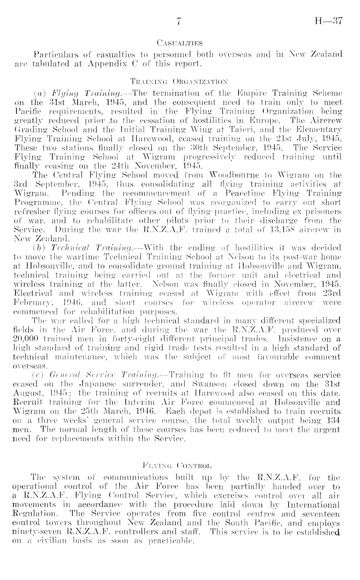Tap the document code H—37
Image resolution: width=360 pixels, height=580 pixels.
pos(328,22)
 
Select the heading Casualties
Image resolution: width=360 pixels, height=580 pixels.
pos(179,43)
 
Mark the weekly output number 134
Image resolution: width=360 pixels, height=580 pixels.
pos(333,421)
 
